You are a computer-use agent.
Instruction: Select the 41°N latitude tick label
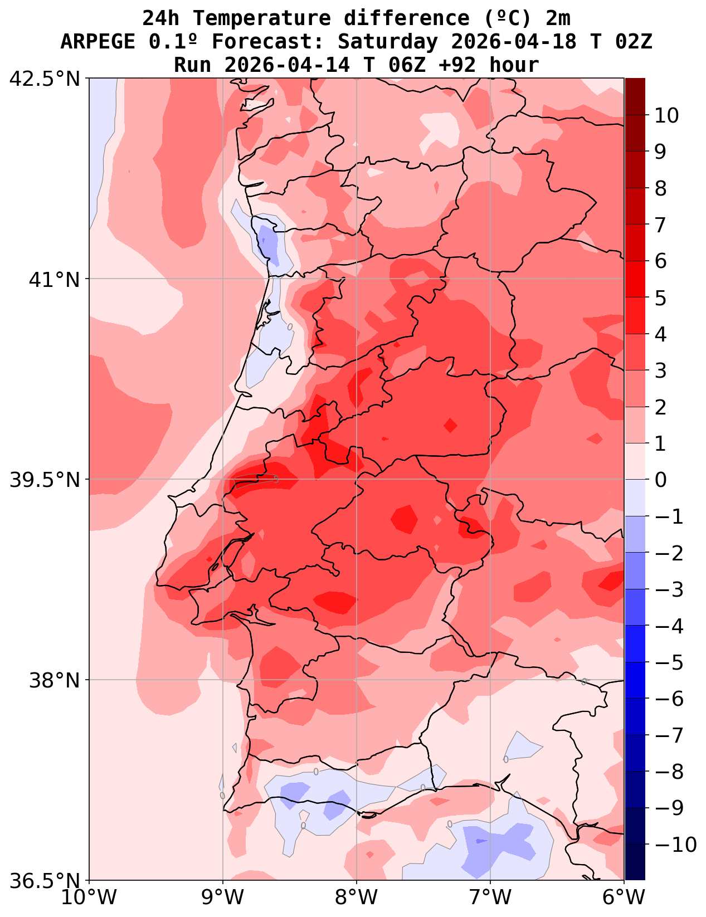coord(55,279)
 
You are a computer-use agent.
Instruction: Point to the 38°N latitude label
coord(55,680)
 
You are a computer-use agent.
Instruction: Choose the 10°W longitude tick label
coord(89,898)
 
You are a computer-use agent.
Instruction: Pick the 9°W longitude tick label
coord(223,898)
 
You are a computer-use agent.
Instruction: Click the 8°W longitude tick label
coord(357,898)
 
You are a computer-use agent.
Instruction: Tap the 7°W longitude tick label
coord(490,898)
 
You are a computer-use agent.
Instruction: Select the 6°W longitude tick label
coord(624,898)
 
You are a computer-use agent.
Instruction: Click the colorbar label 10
coord(666,116)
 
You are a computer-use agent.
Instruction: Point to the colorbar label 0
coord(660,480)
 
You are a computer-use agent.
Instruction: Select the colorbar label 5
coord(660,298)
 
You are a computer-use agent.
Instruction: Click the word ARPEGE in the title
coord(98,42)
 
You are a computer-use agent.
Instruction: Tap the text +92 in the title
coord(456,65)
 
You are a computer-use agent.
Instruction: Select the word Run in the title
coord(193,65)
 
